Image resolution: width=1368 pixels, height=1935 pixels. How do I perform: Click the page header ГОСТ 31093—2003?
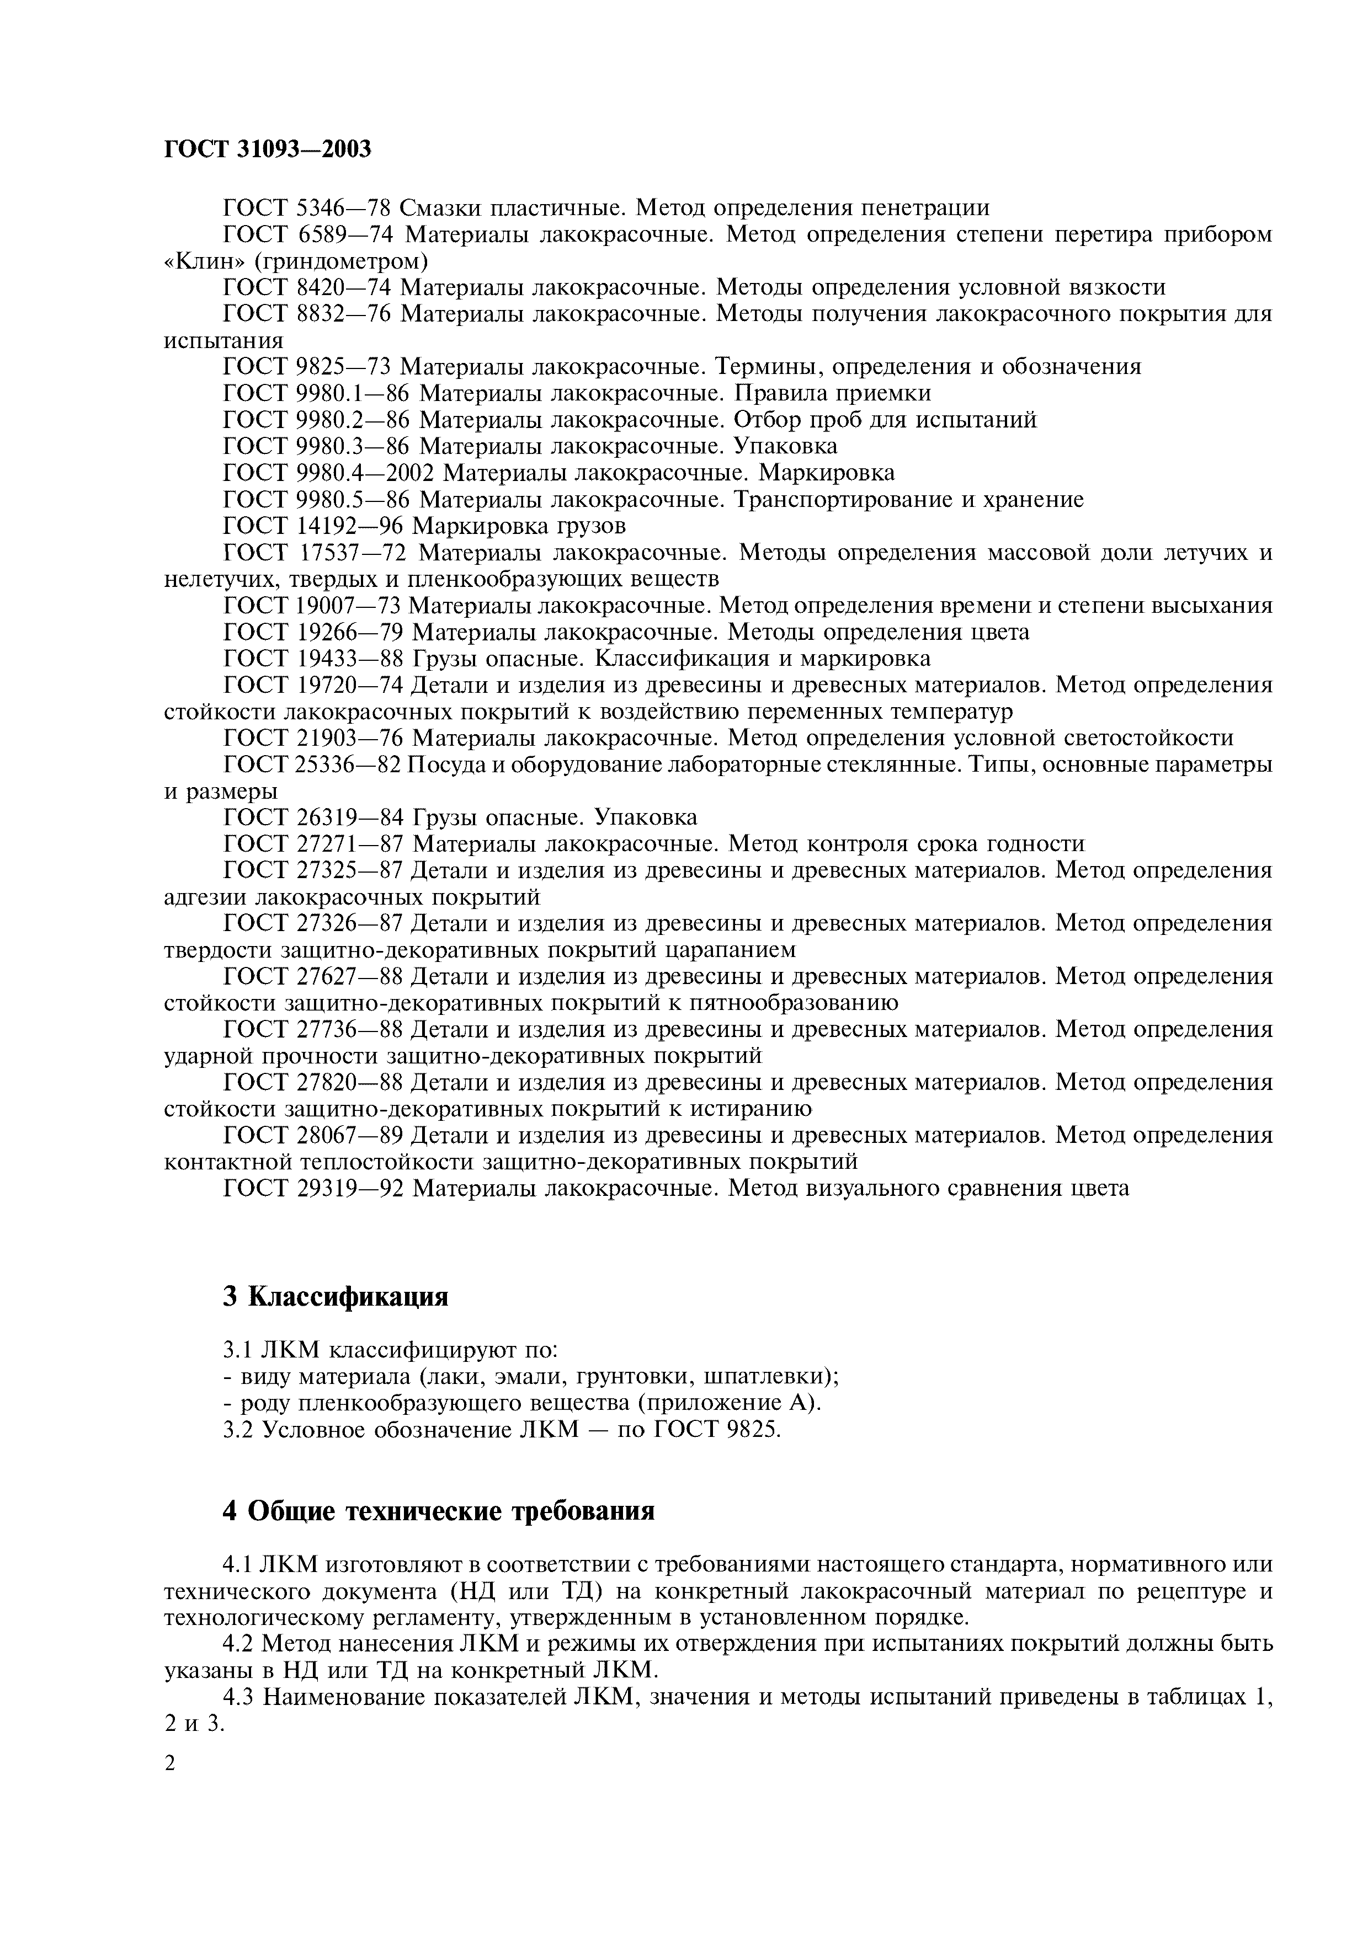[x=267, y=149]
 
